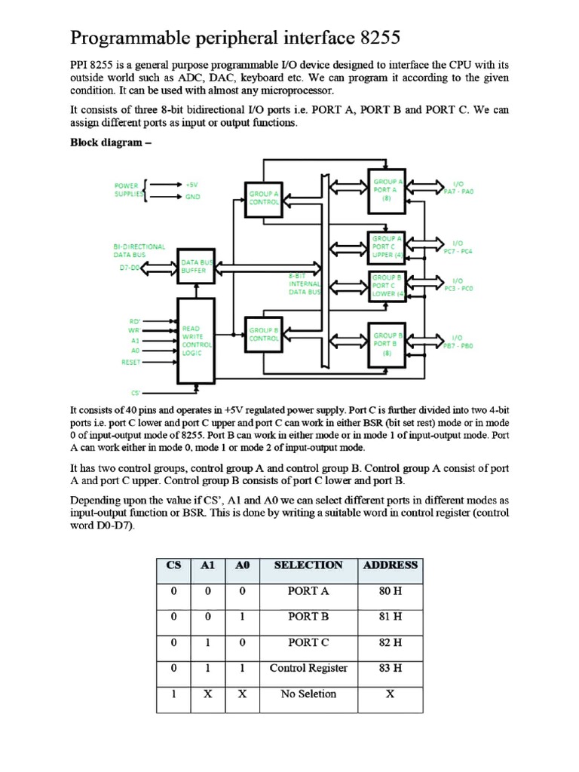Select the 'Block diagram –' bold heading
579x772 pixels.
(x=106, y=142)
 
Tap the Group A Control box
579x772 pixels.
(x=264, y=198)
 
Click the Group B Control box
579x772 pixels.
(x=264, y=335)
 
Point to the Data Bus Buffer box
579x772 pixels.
(x=196, y=266)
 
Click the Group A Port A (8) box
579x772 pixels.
(x=388, y=190)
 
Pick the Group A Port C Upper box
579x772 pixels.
(x=388, y=247)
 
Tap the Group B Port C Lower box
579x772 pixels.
(x=388, y=286)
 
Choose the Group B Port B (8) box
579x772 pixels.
(x=388, y=343)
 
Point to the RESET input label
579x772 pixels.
(x=131, y=362)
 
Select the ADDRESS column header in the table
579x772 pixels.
(x=390, y=565)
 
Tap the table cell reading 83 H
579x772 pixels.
(x=390, y=668)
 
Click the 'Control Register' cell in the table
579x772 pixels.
(x=308, y=668)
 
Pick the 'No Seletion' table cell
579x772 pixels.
(x=308, y=694)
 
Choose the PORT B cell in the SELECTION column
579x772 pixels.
(x=308, y=616)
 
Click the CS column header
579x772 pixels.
(x=173, y=565)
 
